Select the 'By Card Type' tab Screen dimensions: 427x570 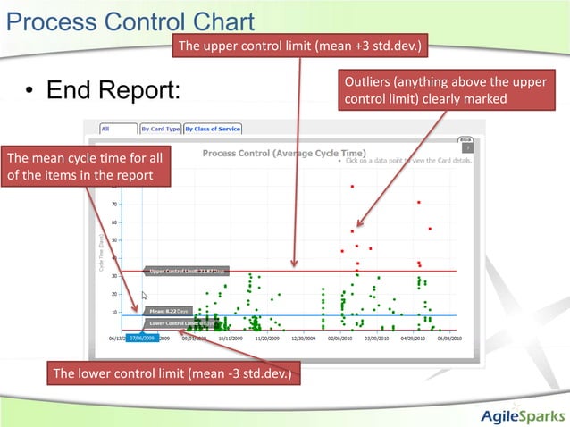point(160,129)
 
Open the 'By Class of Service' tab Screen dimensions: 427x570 point(213,129)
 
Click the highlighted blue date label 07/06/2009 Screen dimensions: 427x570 point(141,339)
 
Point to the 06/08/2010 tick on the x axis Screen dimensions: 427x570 point(448,339)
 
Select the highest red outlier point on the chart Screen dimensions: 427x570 point(353,186)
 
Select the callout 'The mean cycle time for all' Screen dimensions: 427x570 point(85,166)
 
